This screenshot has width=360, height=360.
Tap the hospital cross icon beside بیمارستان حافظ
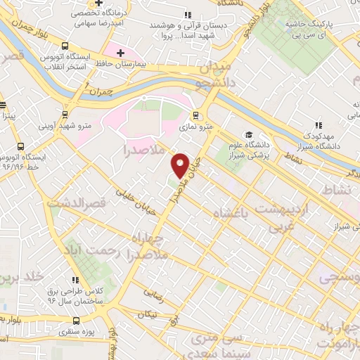point(121,53)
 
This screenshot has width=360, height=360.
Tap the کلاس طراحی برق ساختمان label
point(77,295)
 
